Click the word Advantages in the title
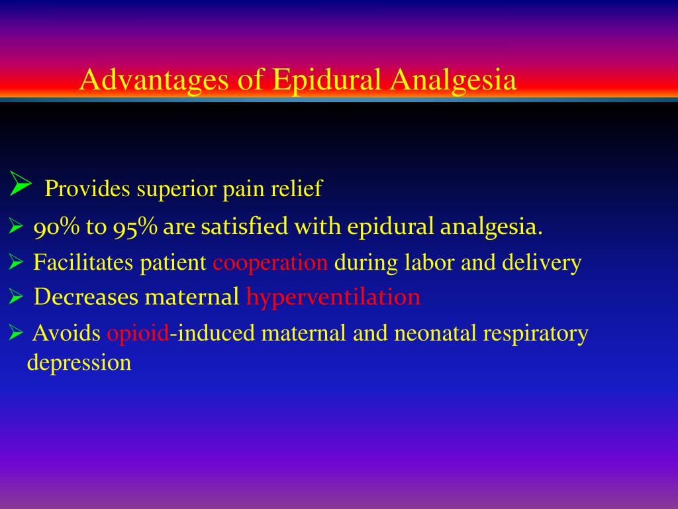tap(154, 80)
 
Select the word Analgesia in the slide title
tap(453, 80)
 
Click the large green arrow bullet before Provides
tap(21, 184)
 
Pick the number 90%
tap(57, 227)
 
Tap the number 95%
tap(135, 227)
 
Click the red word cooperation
tap(270, 263)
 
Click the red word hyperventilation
tap(334, 298)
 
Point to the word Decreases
tap(86, 297)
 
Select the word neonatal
tap(435, 333)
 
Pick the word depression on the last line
tap(79, 363)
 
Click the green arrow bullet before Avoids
tap(16, 333)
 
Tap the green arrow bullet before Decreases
tap(16, 296)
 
